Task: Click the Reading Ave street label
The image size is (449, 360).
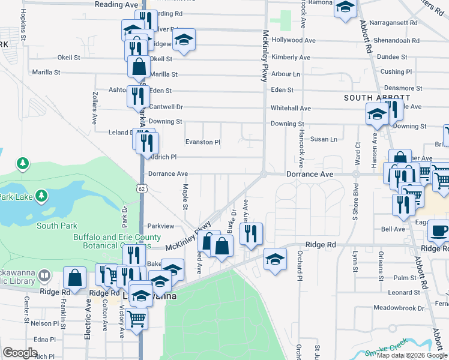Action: pyautogui.click(x=116, y=4)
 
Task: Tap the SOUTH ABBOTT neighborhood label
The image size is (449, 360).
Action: pyautogui.click(x=377, y=98)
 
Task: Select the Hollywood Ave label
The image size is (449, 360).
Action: pyautogui.click(x=294, y=40)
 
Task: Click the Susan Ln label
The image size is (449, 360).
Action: pyautogui.click(x=324, y=139)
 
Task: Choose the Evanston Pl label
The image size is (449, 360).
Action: pyautogui.click(x=203, y=142)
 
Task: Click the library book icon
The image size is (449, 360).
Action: pyautogui.click(x=43, y=276)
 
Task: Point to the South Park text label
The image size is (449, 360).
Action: pyautogui.click(x=56, y=226)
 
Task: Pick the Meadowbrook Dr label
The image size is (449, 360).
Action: pyautogui.click(x=394, y=308)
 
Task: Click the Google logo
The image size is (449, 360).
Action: pyautogui.click(x=20, y=353)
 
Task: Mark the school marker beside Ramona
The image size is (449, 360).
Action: pyautogui.click(x=345, y=8)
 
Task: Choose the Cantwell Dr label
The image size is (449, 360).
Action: pyautogui.click(x=166, y=107)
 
